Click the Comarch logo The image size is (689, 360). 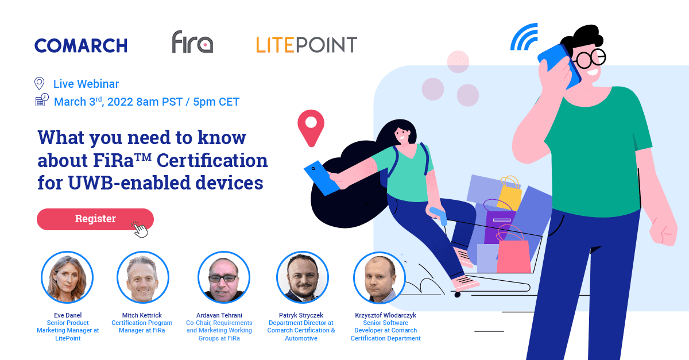tap(81, 45)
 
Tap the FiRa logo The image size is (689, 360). tap(192, 41)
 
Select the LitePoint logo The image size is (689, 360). tap(307, 45)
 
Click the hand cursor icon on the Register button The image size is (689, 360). tap(140, 230)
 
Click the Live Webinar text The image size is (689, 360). tap(86, 84)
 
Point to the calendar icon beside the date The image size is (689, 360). tap(42, 100)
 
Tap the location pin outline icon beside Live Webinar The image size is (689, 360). tap(40, 83)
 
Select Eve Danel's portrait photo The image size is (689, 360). tap(67, 277)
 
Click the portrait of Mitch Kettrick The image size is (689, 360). tap(143, 277)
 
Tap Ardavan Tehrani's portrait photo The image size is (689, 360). tap(223, 277)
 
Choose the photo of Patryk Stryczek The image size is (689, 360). tap(303, 277)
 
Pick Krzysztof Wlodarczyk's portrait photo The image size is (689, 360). tap(380, 277)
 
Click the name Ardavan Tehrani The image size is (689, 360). tap(219, 315)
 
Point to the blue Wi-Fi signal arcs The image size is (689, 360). tap(524, 37)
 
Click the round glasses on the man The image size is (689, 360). tap(591, 59)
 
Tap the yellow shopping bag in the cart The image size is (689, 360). tap(510, 192)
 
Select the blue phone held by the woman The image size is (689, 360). tap(322, 178)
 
